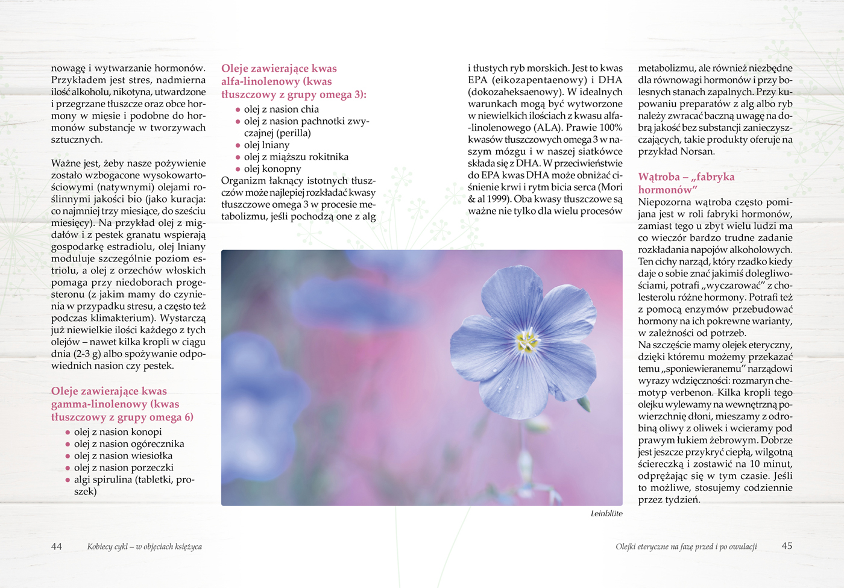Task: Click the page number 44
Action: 57,546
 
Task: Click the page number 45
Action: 787,546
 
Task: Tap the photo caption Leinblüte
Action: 606,514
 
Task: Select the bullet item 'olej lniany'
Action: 266,145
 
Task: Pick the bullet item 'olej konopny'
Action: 272,169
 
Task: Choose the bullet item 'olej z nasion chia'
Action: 281,109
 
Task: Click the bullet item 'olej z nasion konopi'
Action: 118,432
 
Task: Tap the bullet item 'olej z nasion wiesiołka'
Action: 123,456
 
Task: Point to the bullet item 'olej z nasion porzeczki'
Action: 124,468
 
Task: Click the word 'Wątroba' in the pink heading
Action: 659,177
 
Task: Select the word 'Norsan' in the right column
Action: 698,151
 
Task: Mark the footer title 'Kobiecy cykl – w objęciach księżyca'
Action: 145,547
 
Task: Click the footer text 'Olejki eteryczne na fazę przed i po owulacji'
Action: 686,547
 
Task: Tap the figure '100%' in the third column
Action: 611,128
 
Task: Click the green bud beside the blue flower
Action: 584,404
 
